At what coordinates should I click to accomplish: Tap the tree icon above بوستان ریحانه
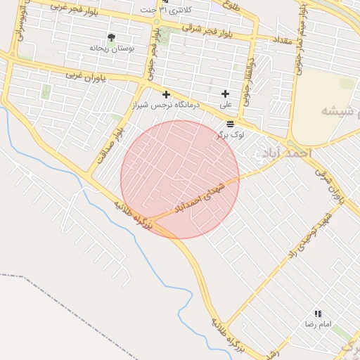point(111,37)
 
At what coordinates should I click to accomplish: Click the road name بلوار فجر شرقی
point(206,30)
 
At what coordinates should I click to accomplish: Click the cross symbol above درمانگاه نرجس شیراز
point(166,94)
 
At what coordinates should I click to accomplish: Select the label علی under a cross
point(226,104)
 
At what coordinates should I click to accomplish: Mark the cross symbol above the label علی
point(225,94)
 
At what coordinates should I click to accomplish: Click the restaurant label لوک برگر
point(230,134)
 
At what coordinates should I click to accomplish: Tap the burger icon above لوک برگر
point(230,124)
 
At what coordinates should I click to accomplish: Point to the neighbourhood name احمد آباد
point(285,153)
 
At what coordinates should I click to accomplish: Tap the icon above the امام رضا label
point(318,314)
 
